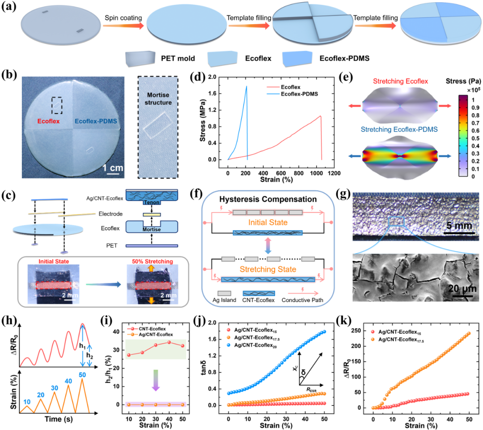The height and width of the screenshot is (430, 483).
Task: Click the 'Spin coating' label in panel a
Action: click(123, 18)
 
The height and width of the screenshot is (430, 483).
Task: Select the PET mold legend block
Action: click(140, 59)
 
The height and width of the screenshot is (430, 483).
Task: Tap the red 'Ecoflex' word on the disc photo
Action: click(48, 121)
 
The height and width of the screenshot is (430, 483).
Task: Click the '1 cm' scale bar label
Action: click(113, 168)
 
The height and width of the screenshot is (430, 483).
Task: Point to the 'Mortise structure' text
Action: click(158, 98)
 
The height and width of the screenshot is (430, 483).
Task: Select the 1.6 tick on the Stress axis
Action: click(212, 94)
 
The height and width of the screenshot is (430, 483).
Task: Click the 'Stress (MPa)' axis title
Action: click(203, 120)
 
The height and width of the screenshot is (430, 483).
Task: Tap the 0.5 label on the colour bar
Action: click(475, 138)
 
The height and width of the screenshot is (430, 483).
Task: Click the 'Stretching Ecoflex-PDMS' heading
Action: click(399, 129)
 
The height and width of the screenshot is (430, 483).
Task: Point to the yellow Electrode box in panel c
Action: click(152, 214)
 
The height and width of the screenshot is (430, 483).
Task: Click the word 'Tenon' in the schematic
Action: click(152, 203)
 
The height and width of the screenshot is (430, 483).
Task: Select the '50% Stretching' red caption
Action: click(153, 261)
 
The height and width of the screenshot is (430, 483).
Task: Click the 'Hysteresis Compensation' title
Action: click(268, 199)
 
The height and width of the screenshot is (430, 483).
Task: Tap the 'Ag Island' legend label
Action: click(224, 300)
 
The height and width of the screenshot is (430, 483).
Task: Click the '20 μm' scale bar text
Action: click(462, 289)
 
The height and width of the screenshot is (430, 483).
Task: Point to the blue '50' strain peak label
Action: click(82, 375)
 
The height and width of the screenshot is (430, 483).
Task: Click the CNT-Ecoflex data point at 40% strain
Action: click(169, 342)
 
